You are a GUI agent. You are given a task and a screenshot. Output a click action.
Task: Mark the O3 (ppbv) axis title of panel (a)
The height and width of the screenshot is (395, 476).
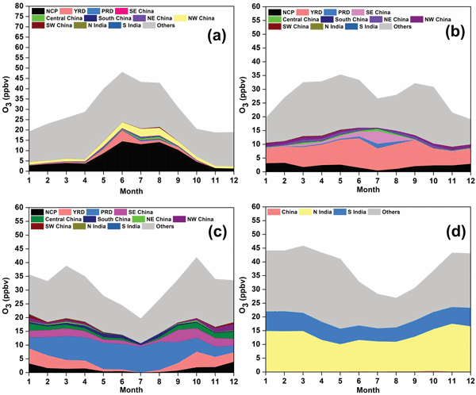click(x=6, y=87)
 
